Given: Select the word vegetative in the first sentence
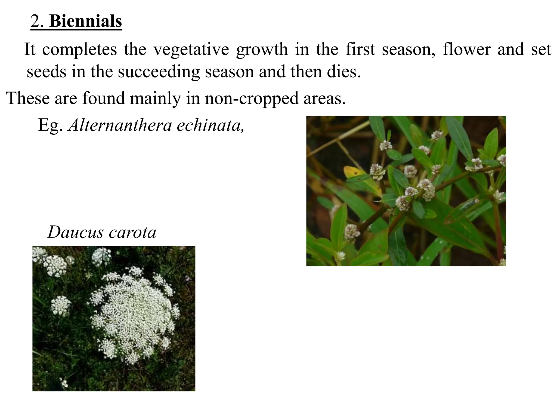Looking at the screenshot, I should pos(191,50).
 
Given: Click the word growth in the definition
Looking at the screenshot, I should pos(262,50).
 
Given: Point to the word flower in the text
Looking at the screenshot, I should pos(466,50).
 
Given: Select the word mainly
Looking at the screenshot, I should pos(155,98).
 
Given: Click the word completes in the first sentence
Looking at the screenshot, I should pos(79,50).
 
